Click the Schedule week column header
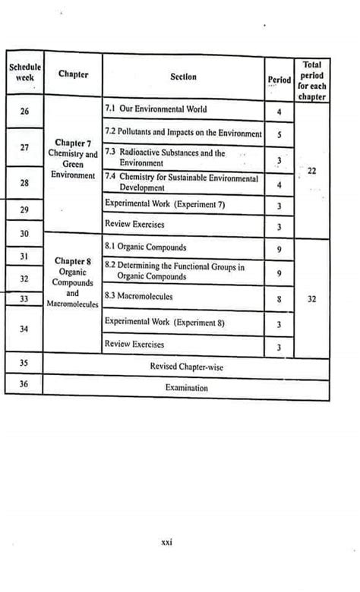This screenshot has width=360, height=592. (x=24, y=73)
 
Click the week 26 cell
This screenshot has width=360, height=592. (x=24, y=112)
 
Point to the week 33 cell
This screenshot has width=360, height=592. (x=24, y=299)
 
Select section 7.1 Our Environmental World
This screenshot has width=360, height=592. (x=156, y=109)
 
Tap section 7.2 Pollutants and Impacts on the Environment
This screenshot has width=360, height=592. (x=183, y=133)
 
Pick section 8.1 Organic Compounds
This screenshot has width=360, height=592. (x=146, y=247)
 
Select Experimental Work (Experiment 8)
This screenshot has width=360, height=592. (x=165, y=323)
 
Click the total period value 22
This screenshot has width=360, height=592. (x=312, y=171)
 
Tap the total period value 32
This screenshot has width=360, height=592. (x=312, y=299)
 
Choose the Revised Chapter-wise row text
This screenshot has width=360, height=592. (x=186, y=367)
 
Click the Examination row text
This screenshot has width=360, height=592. (x=186, y=387)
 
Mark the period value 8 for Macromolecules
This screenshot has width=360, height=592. (x=279, y=300)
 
